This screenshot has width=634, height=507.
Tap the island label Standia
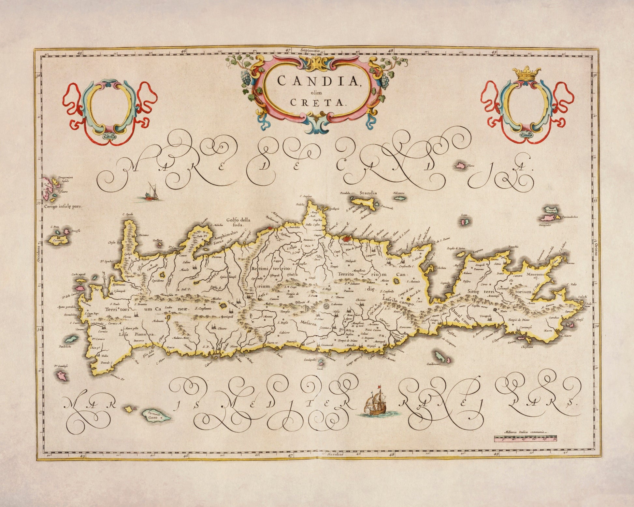coord(368,193)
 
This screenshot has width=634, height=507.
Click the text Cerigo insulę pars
coord(64,206)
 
